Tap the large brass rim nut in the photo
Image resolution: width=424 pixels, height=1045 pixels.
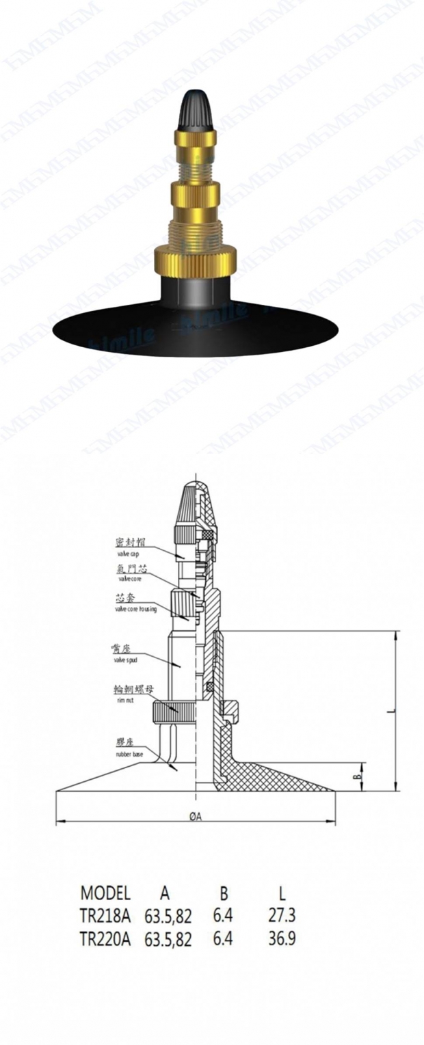point(196,258)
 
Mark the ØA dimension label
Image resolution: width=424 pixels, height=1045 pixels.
point(196,815)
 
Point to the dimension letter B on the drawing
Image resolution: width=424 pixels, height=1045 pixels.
point(356,776)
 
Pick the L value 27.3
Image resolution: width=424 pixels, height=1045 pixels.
point(282,915)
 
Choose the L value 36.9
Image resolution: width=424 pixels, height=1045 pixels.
point(282,939)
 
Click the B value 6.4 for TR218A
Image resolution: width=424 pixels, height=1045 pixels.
point(223,915)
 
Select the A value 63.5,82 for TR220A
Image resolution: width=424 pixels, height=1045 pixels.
point(168,939)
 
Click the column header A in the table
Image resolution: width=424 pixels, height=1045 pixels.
point(165,893)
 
